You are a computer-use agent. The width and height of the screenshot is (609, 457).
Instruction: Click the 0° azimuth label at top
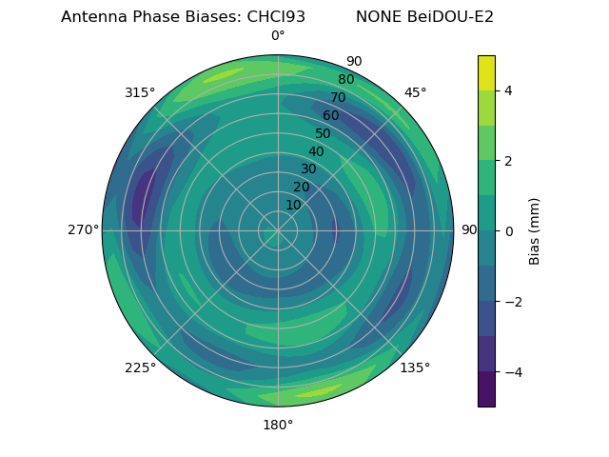tap(278, 36)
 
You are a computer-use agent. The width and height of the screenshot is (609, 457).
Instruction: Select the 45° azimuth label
tap(415, 92)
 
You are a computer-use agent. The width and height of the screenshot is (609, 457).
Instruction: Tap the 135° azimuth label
tap(415, 368)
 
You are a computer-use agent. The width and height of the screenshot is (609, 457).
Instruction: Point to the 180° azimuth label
tap(278, 425)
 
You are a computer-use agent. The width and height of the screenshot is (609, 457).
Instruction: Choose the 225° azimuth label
tap(140, 368)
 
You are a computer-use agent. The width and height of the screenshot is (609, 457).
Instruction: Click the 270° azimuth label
tap(83, 229)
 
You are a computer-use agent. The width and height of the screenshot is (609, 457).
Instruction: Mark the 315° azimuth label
tap(140, 92)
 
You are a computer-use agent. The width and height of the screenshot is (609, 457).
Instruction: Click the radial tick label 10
tap(293, 205)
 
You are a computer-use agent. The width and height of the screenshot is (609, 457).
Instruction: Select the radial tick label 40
tap(316, 151)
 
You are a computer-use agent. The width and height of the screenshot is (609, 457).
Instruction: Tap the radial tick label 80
tap(345, 80)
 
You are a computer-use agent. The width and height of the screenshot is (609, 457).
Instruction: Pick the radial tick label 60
tap(331, 116)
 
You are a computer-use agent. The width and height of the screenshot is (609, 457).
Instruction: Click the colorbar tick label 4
tap(508, 90)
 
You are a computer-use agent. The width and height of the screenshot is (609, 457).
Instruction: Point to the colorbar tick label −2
tap(511, 302)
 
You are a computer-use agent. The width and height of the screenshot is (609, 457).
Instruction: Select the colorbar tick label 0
tap(508, 231)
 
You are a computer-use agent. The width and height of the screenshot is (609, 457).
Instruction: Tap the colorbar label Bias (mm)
tap(535, 231)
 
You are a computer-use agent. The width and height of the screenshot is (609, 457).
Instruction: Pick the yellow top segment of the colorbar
tap(486, 72)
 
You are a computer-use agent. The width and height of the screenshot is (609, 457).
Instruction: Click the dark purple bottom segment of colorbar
tap(486, 389)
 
